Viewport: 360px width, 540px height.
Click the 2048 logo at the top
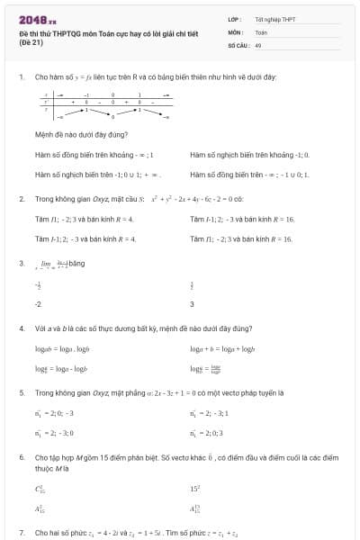[37, 18]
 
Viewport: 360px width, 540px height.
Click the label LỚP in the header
[233, 18]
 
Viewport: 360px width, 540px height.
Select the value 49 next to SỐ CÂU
[257, 43]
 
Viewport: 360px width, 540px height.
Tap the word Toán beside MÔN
[261, 31]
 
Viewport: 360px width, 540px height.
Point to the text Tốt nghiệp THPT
[274, 18]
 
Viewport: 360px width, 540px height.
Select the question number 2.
[21, 197]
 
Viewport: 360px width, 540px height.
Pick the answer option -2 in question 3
[38, 304]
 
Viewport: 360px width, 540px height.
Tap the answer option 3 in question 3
[192, 304]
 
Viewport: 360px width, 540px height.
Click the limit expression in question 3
[58, 264]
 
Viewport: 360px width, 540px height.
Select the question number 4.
[21, 328]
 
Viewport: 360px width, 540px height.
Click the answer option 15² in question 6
[195, 489]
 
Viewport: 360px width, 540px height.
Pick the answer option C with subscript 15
[40, 489]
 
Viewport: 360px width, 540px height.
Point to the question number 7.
[21, 533]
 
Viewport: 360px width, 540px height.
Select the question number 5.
[21, 393]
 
